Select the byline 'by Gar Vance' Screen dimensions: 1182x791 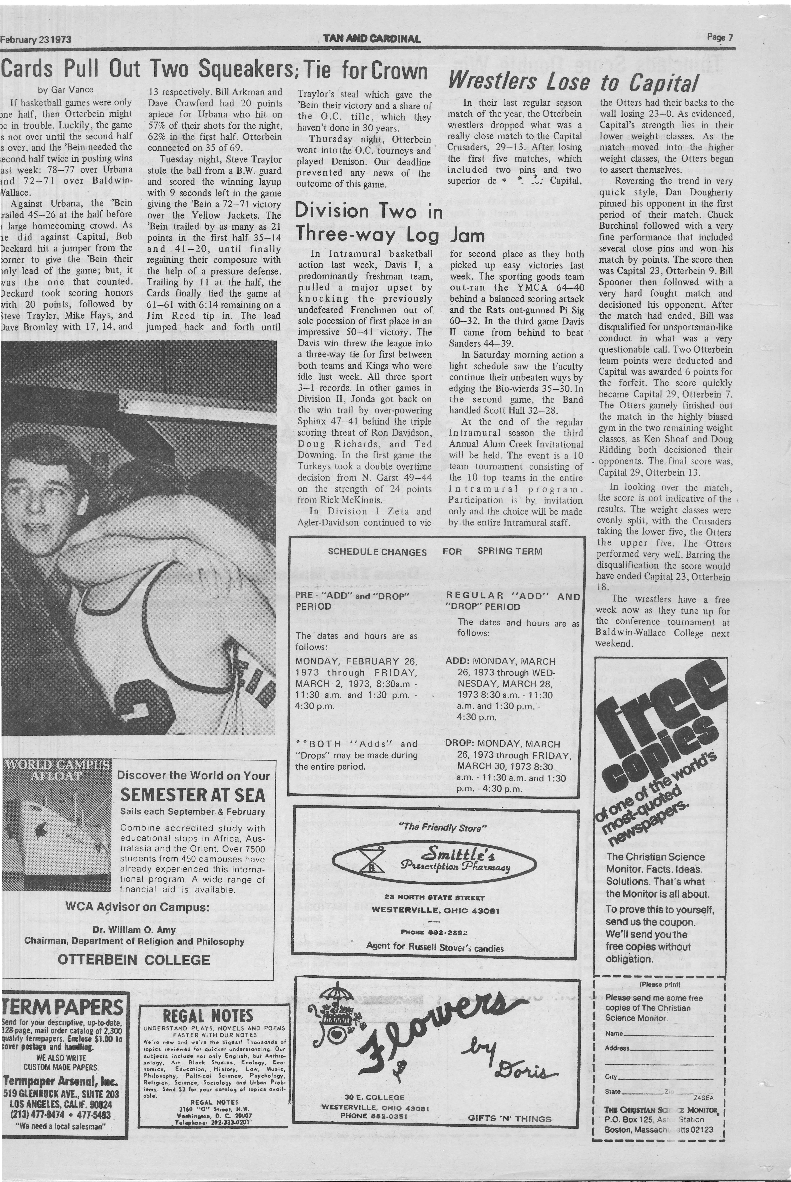[66, 90]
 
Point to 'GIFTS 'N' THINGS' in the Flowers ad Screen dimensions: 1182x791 [509, 1118]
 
